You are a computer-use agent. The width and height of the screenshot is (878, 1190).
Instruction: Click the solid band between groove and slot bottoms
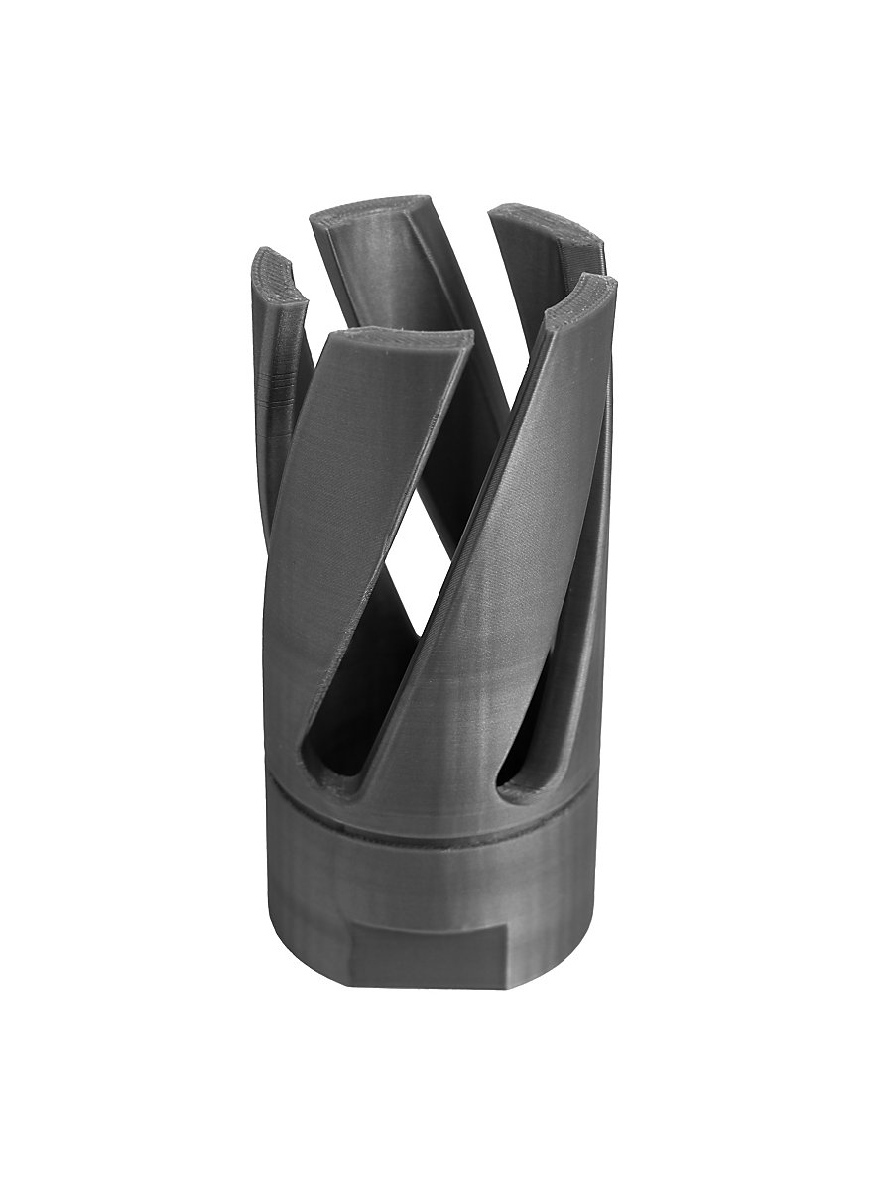pos(437,808)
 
